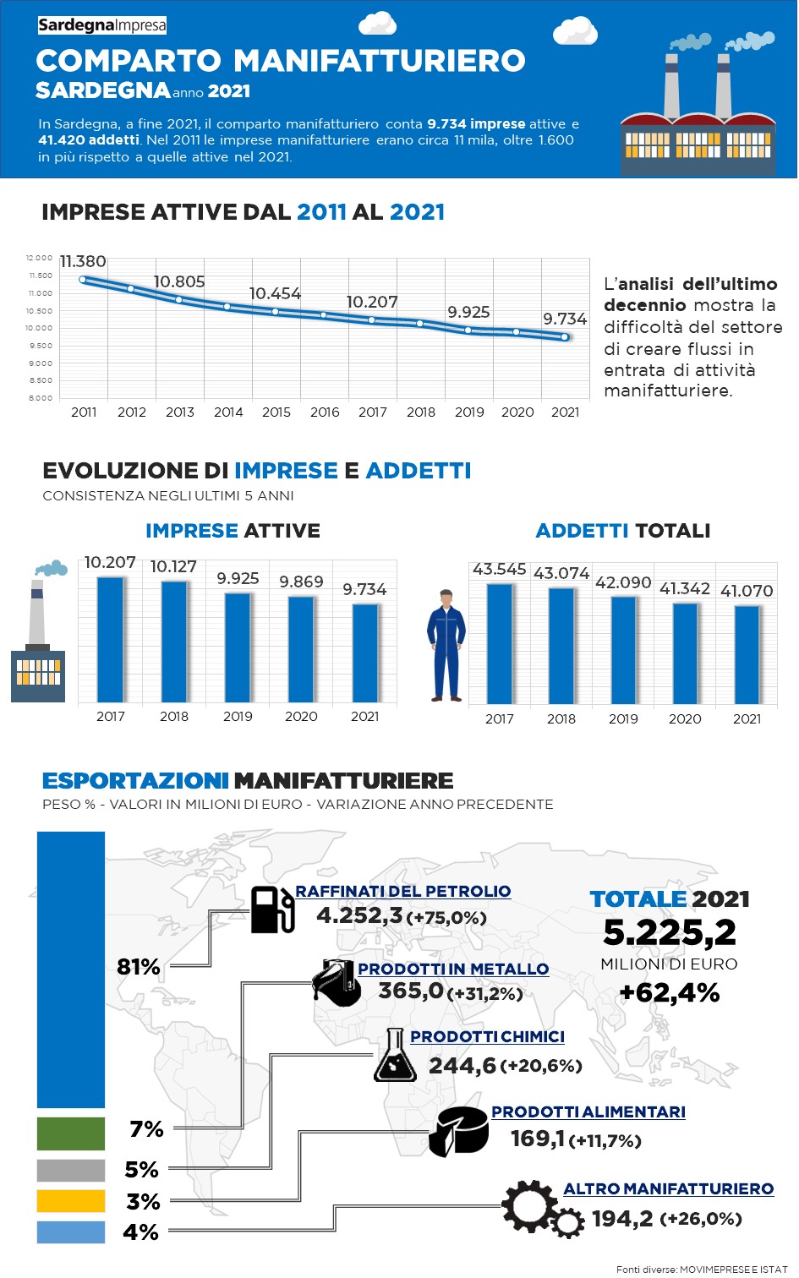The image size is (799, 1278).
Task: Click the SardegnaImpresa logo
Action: (x=102, y=25)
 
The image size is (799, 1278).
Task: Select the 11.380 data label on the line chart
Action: (x=83, y=262)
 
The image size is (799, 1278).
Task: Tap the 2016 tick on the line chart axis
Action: (x=325, y=412)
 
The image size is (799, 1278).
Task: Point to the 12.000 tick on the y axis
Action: (x=40, y=258)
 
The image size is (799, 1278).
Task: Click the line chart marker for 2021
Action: (x=565, y=337)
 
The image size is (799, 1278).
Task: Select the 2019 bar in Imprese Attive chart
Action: (x=238, y=647)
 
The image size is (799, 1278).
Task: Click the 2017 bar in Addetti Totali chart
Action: (x=500, y=643)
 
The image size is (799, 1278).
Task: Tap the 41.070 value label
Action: (x=747, y=591)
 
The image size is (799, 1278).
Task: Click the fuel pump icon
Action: (x=272, y=909)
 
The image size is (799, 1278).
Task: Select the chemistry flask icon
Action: (x=395, y=1056)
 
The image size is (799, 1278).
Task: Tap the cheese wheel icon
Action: (x=458, y=1132)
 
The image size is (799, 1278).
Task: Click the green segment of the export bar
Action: (x=71, y=1133)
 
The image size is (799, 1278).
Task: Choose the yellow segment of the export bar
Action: (x=71, y=1201)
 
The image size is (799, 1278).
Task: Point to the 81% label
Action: (x=139, y=967)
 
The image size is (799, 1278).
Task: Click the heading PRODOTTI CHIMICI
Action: (x=487, y=1037)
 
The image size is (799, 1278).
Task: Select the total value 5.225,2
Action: (x=669, y=933)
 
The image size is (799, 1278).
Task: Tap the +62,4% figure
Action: (x=669, y=992)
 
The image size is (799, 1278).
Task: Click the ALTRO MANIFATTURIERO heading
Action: (x=668, y=1189)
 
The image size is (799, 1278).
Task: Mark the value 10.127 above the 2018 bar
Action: (x=173, y=566)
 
